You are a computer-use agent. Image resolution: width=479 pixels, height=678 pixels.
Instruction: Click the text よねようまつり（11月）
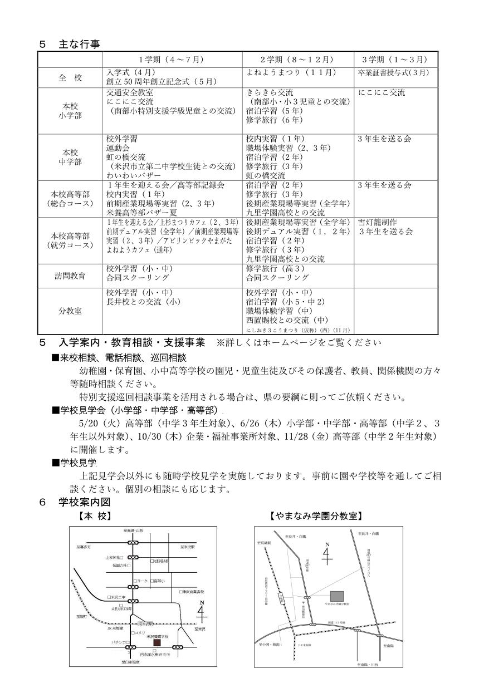(284, 72)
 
